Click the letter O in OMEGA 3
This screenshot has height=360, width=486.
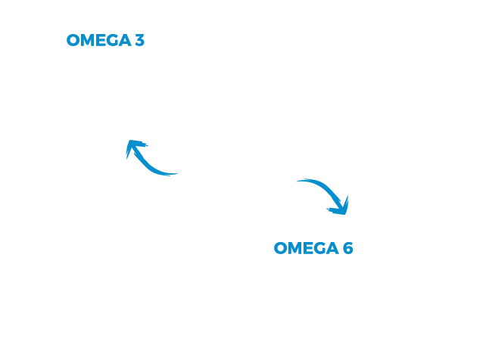coord(73,40)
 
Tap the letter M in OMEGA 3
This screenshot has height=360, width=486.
coord(89,40)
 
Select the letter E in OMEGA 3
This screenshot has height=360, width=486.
coord(102,40)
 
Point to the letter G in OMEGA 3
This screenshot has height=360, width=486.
coord(114,40)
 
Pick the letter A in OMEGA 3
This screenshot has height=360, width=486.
coord(125,40)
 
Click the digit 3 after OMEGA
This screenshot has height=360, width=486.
coord(140,40)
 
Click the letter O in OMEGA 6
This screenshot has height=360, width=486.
coord(281,248)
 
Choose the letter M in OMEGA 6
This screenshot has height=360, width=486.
coord(296,248)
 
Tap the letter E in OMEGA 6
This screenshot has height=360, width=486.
coord(310,248)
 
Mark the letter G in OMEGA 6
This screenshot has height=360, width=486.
coord(321,248)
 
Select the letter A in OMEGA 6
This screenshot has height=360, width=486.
coord(332,248)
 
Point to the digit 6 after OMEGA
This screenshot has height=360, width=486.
coord(348,248)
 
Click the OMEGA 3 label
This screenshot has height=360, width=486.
coord(106,40)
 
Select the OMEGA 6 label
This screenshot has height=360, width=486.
coord(313,248)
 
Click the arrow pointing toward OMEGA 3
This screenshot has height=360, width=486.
coord(145,163)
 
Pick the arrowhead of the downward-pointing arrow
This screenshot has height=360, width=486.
coord(341,208)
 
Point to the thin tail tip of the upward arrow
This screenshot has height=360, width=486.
coord(178,173)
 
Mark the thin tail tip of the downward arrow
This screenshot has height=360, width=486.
coord(297,181)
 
